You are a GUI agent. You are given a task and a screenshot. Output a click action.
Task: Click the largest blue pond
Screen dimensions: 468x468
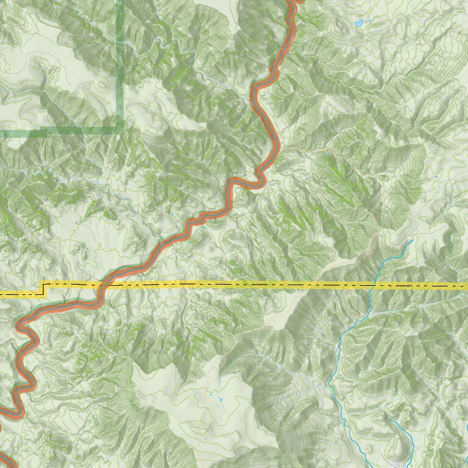pos(360,24)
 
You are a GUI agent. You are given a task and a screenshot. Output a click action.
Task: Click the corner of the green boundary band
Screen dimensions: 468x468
pos(120,130)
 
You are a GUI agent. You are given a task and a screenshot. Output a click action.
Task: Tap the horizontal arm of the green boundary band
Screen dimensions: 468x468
pos(61,131)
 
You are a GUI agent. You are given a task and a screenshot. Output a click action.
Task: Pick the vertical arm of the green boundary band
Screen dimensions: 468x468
pos(120,61)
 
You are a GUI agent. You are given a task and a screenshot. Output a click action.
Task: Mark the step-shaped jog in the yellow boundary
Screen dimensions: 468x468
pos(43,289)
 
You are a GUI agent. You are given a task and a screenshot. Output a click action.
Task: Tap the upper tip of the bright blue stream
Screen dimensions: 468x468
pos(413,240)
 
